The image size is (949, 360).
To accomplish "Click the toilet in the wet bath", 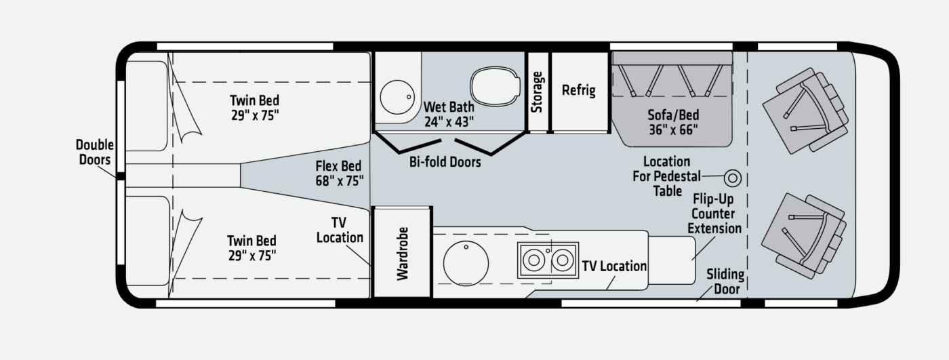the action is (495, 87).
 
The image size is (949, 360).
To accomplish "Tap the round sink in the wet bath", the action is (397, 97).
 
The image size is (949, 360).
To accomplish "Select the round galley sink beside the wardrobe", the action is (466, 264).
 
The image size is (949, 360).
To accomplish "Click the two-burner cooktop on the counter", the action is (548, 260).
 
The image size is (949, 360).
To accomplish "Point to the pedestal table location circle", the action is (733, 178).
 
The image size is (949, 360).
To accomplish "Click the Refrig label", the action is (578, 90).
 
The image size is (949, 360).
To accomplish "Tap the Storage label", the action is (537, 92).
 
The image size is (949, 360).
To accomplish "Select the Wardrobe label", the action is (403, 254).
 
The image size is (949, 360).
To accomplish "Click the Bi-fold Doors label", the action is (445, 162).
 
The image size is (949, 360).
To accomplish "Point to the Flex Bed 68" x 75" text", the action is (340, 174).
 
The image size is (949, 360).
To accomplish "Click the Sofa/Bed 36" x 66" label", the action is (673, 122).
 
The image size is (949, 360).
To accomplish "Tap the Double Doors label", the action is (94, 152).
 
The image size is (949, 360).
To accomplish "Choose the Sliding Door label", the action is (725, 281).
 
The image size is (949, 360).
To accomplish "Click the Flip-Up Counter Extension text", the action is (714, 214).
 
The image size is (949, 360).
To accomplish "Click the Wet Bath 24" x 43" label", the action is (449, 114).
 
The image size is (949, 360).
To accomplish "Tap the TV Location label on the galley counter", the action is (614, 266).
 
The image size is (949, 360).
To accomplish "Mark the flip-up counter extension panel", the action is (672, 260).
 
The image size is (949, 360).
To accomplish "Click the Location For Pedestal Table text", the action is (667, 176).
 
